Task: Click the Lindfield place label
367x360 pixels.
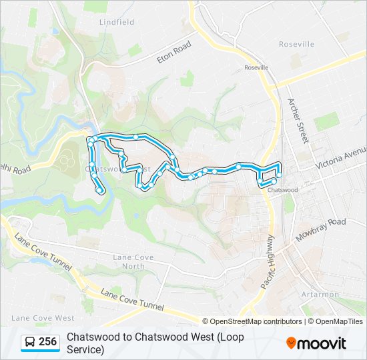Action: tap(117, 22)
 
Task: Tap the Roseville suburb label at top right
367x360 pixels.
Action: tap(296, 44)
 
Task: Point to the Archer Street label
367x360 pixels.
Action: tap(298, 121)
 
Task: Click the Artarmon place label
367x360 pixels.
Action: tap(320, 294)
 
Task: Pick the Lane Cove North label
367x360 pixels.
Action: tap(133, 261)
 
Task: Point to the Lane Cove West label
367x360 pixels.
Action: tap(43, 318)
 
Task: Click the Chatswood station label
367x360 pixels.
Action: tap(282, 190)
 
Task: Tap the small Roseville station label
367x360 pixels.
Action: tap(256, 67)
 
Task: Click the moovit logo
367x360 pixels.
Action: tap(316, 343)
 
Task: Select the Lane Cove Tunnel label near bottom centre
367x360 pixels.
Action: tap(132, 300)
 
